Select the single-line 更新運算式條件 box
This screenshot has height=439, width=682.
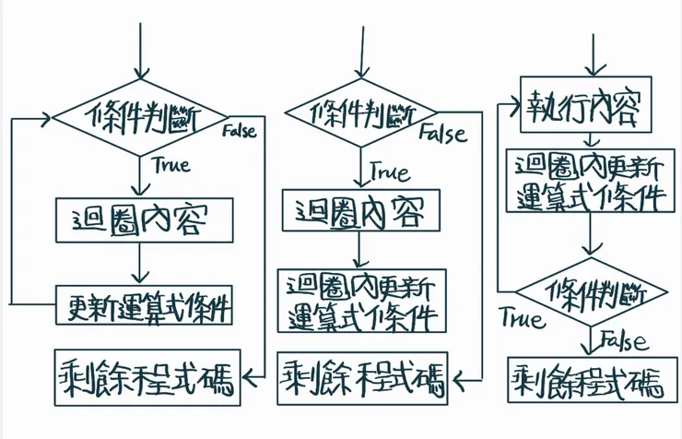(145, 305)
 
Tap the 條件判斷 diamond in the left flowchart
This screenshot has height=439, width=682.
(141, 117)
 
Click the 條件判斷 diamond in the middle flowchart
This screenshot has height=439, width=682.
(361, 114)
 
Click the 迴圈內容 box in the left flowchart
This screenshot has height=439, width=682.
(142, 220)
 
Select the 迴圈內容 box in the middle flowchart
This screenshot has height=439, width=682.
(361, 212)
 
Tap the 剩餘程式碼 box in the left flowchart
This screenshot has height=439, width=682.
(148, 375)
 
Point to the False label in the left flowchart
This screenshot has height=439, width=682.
(239, 131)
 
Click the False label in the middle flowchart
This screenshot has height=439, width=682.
(443, 134)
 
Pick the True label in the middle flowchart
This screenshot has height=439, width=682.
(391, 172)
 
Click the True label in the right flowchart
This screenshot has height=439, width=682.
(523, 319)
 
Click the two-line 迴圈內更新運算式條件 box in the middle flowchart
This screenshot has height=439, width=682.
(361, 301)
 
